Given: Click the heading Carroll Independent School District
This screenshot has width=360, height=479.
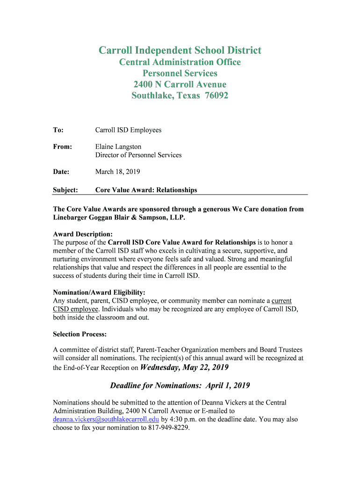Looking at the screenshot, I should point(180,51).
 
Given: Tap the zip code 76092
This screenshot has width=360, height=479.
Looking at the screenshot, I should point(215,96).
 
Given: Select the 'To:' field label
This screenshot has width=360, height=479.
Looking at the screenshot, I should point(58,130).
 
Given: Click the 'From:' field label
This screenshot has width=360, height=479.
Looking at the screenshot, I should point(62,147).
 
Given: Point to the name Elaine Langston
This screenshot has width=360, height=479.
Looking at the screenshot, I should point(118,147).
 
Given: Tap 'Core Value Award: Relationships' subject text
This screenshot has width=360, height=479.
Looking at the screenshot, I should point(146,190).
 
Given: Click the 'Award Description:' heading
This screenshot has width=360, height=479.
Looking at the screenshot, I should point(83,234).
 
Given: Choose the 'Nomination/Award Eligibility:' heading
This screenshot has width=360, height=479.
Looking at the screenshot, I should point(99,293).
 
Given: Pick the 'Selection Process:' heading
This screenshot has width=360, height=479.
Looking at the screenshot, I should point(80,334).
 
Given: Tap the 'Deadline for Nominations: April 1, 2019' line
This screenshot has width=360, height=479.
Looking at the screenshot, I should point(180,385).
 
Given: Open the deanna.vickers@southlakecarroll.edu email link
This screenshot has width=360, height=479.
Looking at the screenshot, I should point(106,420).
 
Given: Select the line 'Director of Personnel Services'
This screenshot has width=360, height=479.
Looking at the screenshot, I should point(138,155).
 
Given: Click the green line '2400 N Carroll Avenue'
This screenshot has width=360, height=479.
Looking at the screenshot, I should point(180,85).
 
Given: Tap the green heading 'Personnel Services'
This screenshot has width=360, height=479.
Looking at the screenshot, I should point(180,73).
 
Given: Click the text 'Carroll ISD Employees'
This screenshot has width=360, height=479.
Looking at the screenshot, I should point(128,130).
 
